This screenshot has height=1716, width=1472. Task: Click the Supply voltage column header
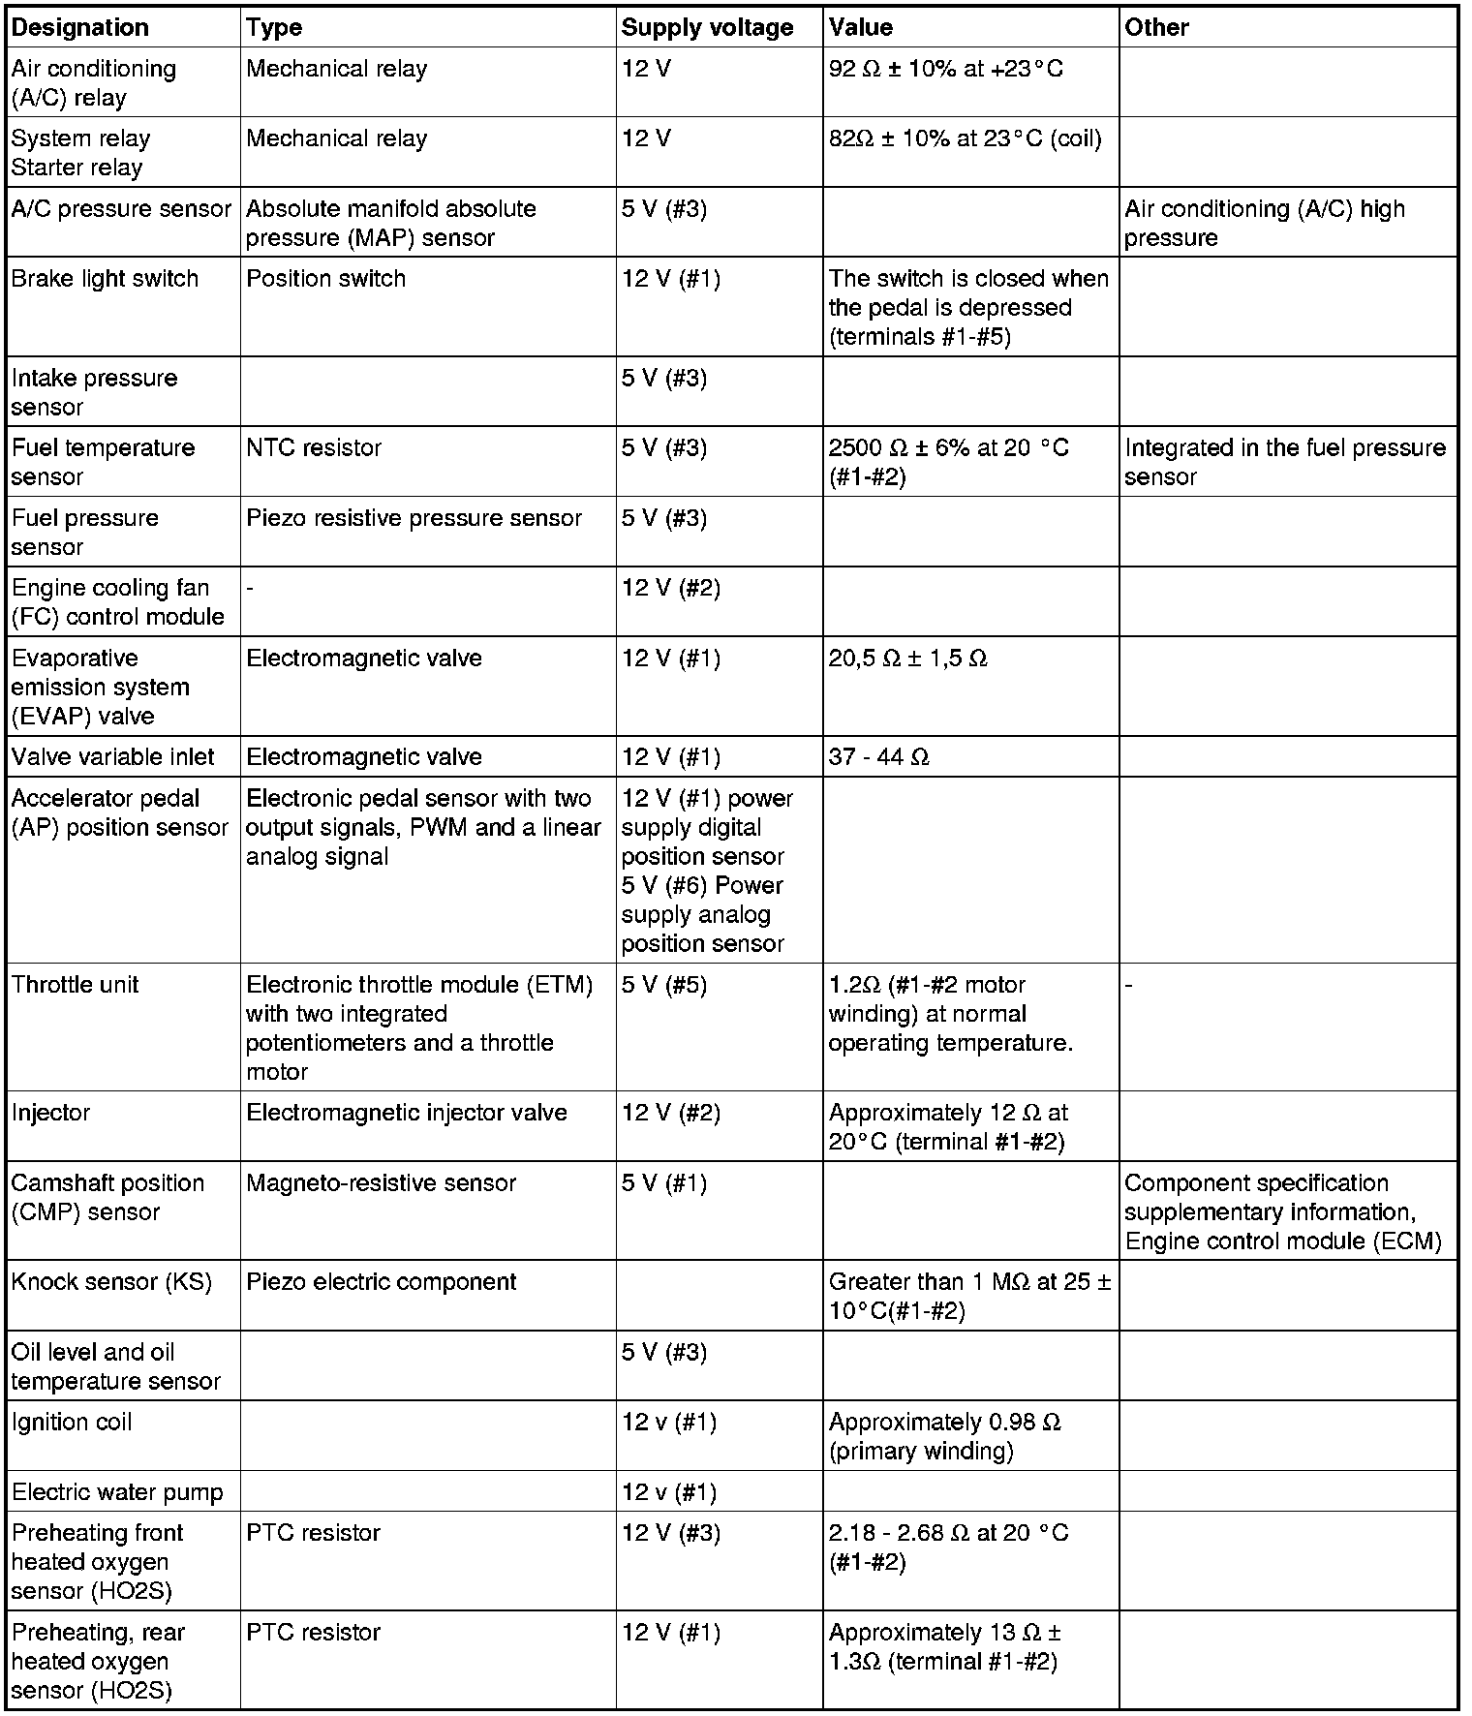(707, 27)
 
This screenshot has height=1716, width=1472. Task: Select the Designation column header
(80, 27)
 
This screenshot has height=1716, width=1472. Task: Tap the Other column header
(1156, 27)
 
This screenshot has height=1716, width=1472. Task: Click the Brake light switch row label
(105, 279)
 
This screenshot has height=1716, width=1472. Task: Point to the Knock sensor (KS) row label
(111, 1282)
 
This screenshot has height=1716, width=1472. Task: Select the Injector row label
(50, 1113)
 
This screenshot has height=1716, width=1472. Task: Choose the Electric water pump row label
(117, 1492)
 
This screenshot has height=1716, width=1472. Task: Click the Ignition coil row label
(72, 1423)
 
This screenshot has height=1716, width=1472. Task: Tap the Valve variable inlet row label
(113, 757)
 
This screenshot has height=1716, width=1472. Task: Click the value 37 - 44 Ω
(879, 757)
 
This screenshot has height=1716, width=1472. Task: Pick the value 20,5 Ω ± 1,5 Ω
(907, 659)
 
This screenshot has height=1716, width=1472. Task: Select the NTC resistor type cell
(314, 448)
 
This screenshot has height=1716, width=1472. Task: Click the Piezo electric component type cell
(381, 1282)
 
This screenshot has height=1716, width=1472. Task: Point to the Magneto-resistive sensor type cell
(381, 1183)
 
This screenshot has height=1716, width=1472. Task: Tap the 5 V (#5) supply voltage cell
(664, 985)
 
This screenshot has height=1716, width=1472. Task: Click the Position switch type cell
(325, 279)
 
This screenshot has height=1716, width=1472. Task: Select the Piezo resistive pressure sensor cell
(414, 518)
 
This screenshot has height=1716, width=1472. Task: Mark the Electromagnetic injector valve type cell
(406, 1113)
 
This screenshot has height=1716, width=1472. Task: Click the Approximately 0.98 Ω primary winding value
(944, 1436)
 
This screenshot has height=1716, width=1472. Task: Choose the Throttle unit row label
(76, 985)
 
